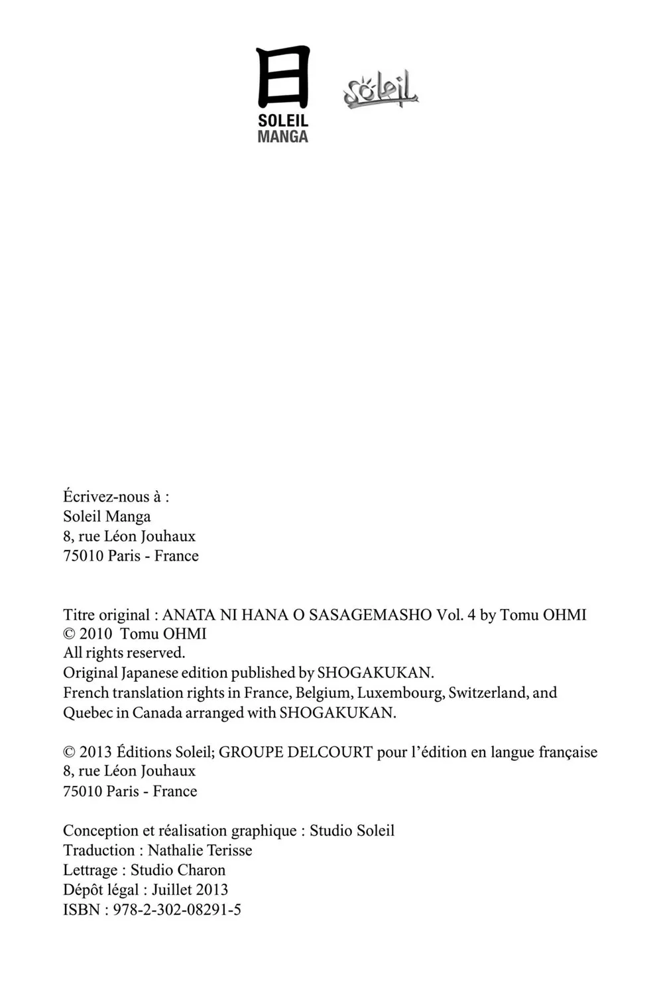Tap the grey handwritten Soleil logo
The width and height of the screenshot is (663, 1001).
click(381, 90)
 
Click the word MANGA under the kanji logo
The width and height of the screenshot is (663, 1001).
click(282, 137)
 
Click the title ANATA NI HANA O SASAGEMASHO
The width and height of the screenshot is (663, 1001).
click(297, 615)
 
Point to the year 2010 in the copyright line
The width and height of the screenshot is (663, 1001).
click(95, 634)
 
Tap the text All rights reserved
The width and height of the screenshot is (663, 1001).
click(124, 653)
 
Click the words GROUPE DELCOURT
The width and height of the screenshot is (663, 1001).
click(296, 752)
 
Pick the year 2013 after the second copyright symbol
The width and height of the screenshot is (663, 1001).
click(95, 752)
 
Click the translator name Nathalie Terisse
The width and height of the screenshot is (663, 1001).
click(200, 850)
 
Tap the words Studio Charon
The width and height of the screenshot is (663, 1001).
click(178, 870)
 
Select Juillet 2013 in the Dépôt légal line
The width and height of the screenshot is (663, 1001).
click(190, 890)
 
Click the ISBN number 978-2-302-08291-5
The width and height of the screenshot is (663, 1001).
click(177, 909)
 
